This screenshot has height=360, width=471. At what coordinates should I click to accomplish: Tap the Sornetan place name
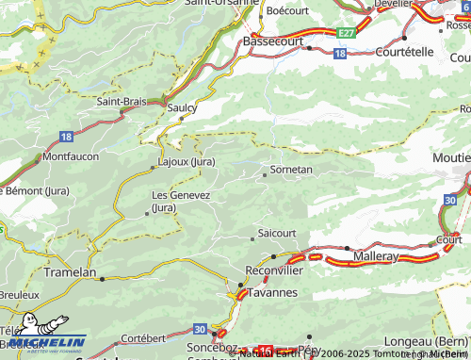pos(290,170)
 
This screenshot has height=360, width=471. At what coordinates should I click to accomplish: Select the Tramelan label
pos(71,272)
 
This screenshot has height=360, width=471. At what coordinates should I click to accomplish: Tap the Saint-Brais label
pos(120,101)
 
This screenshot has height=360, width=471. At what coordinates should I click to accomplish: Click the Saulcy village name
pos(182,108)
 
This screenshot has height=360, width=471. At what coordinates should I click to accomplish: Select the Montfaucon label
pos(71,155)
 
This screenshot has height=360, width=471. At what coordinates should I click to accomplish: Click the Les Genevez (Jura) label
pos(181,201)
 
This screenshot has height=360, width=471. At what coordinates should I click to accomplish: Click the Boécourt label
pos(288,10)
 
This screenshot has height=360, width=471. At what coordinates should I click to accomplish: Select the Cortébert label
pos(143,337)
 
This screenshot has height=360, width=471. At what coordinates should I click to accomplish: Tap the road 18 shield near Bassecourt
pos(339,55)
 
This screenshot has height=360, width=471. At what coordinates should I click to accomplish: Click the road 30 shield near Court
pos(450,200)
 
